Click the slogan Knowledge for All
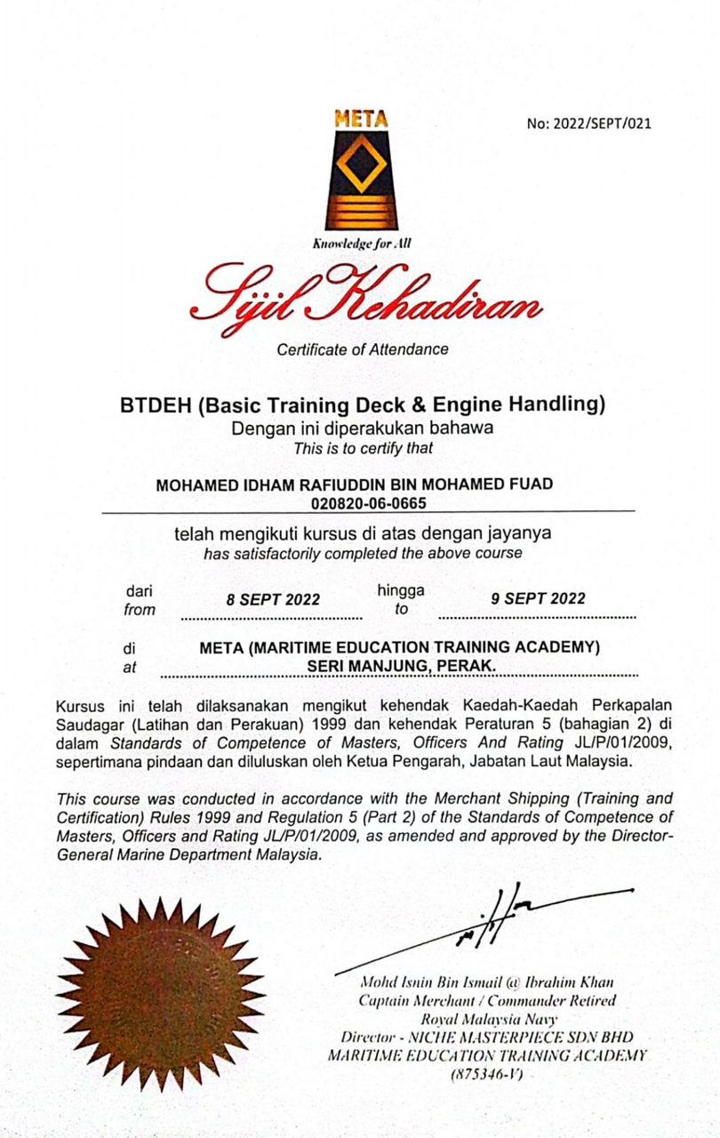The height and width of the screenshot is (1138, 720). click(361, 244)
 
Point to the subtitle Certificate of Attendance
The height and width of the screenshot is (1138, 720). click(362, 349)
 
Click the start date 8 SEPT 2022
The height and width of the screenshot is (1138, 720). click(273, 599)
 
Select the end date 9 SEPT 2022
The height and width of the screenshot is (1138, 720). click(539, 598)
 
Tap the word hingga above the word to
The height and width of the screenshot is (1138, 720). click(400, 589)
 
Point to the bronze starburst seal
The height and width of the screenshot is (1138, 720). click(161, 992)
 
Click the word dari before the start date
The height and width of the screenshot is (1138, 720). click(139, 591)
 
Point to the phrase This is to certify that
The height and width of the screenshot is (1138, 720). click(363, 448)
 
